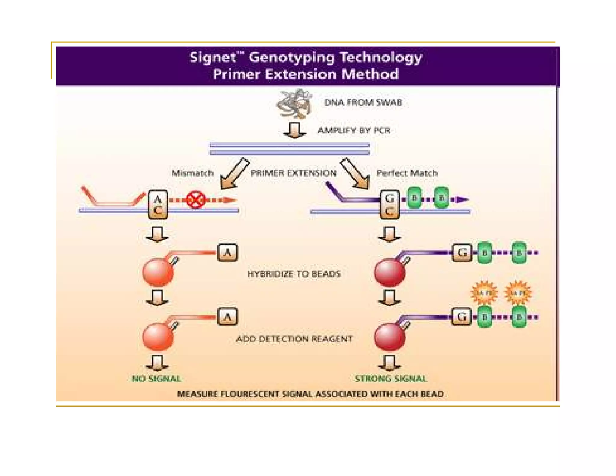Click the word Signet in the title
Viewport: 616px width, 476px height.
(213, 57)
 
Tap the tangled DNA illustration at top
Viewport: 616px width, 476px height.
(294, 103)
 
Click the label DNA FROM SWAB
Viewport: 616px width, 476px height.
(363, 102)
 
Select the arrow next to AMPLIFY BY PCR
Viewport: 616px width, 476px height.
(294, 130)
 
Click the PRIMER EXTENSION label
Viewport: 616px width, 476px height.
(293, 173)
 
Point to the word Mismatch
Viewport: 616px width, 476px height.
(192, 173)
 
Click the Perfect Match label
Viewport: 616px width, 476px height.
(407, 173)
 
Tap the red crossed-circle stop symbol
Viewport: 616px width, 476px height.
(196, 200)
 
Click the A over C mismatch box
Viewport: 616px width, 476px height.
(158, 205)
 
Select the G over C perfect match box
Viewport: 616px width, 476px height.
(390, 205)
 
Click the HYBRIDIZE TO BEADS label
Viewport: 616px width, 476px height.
(293, 274)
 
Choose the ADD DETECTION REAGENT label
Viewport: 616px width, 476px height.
(294, 339)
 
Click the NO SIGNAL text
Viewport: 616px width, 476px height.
(156, 379)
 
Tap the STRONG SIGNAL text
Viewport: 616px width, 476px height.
(390, 379)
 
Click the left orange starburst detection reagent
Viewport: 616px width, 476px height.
(484, 292)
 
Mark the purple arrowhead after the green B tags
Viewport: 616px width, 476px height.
(462, 199)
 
